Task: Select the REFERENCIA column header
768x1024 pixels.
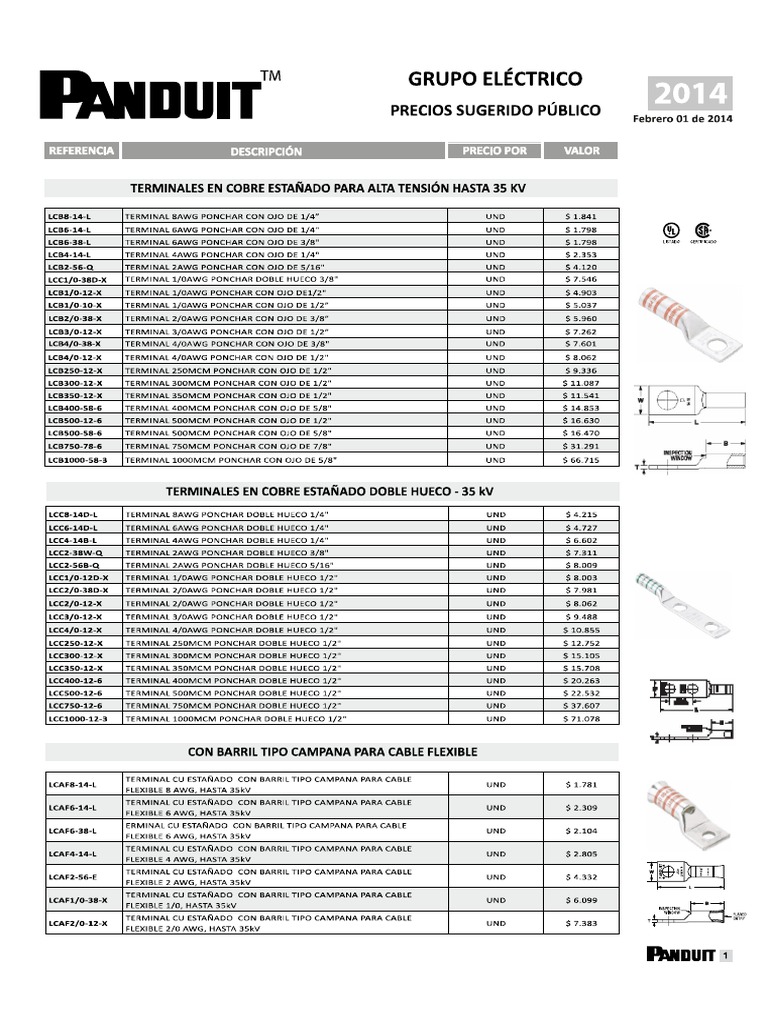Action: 81,151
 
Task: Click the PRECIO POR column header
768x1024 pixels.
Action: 494,151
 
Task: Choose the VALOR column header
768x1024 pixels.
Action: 581,151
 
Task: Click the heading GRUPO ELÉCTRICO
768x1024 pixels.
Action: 494,79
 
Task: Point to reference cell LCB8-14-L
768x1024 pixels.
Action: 70,216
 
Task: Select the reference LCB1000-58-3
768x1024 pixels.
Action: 78,460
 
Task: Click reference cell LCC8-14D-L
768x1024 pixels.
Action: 73,513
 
